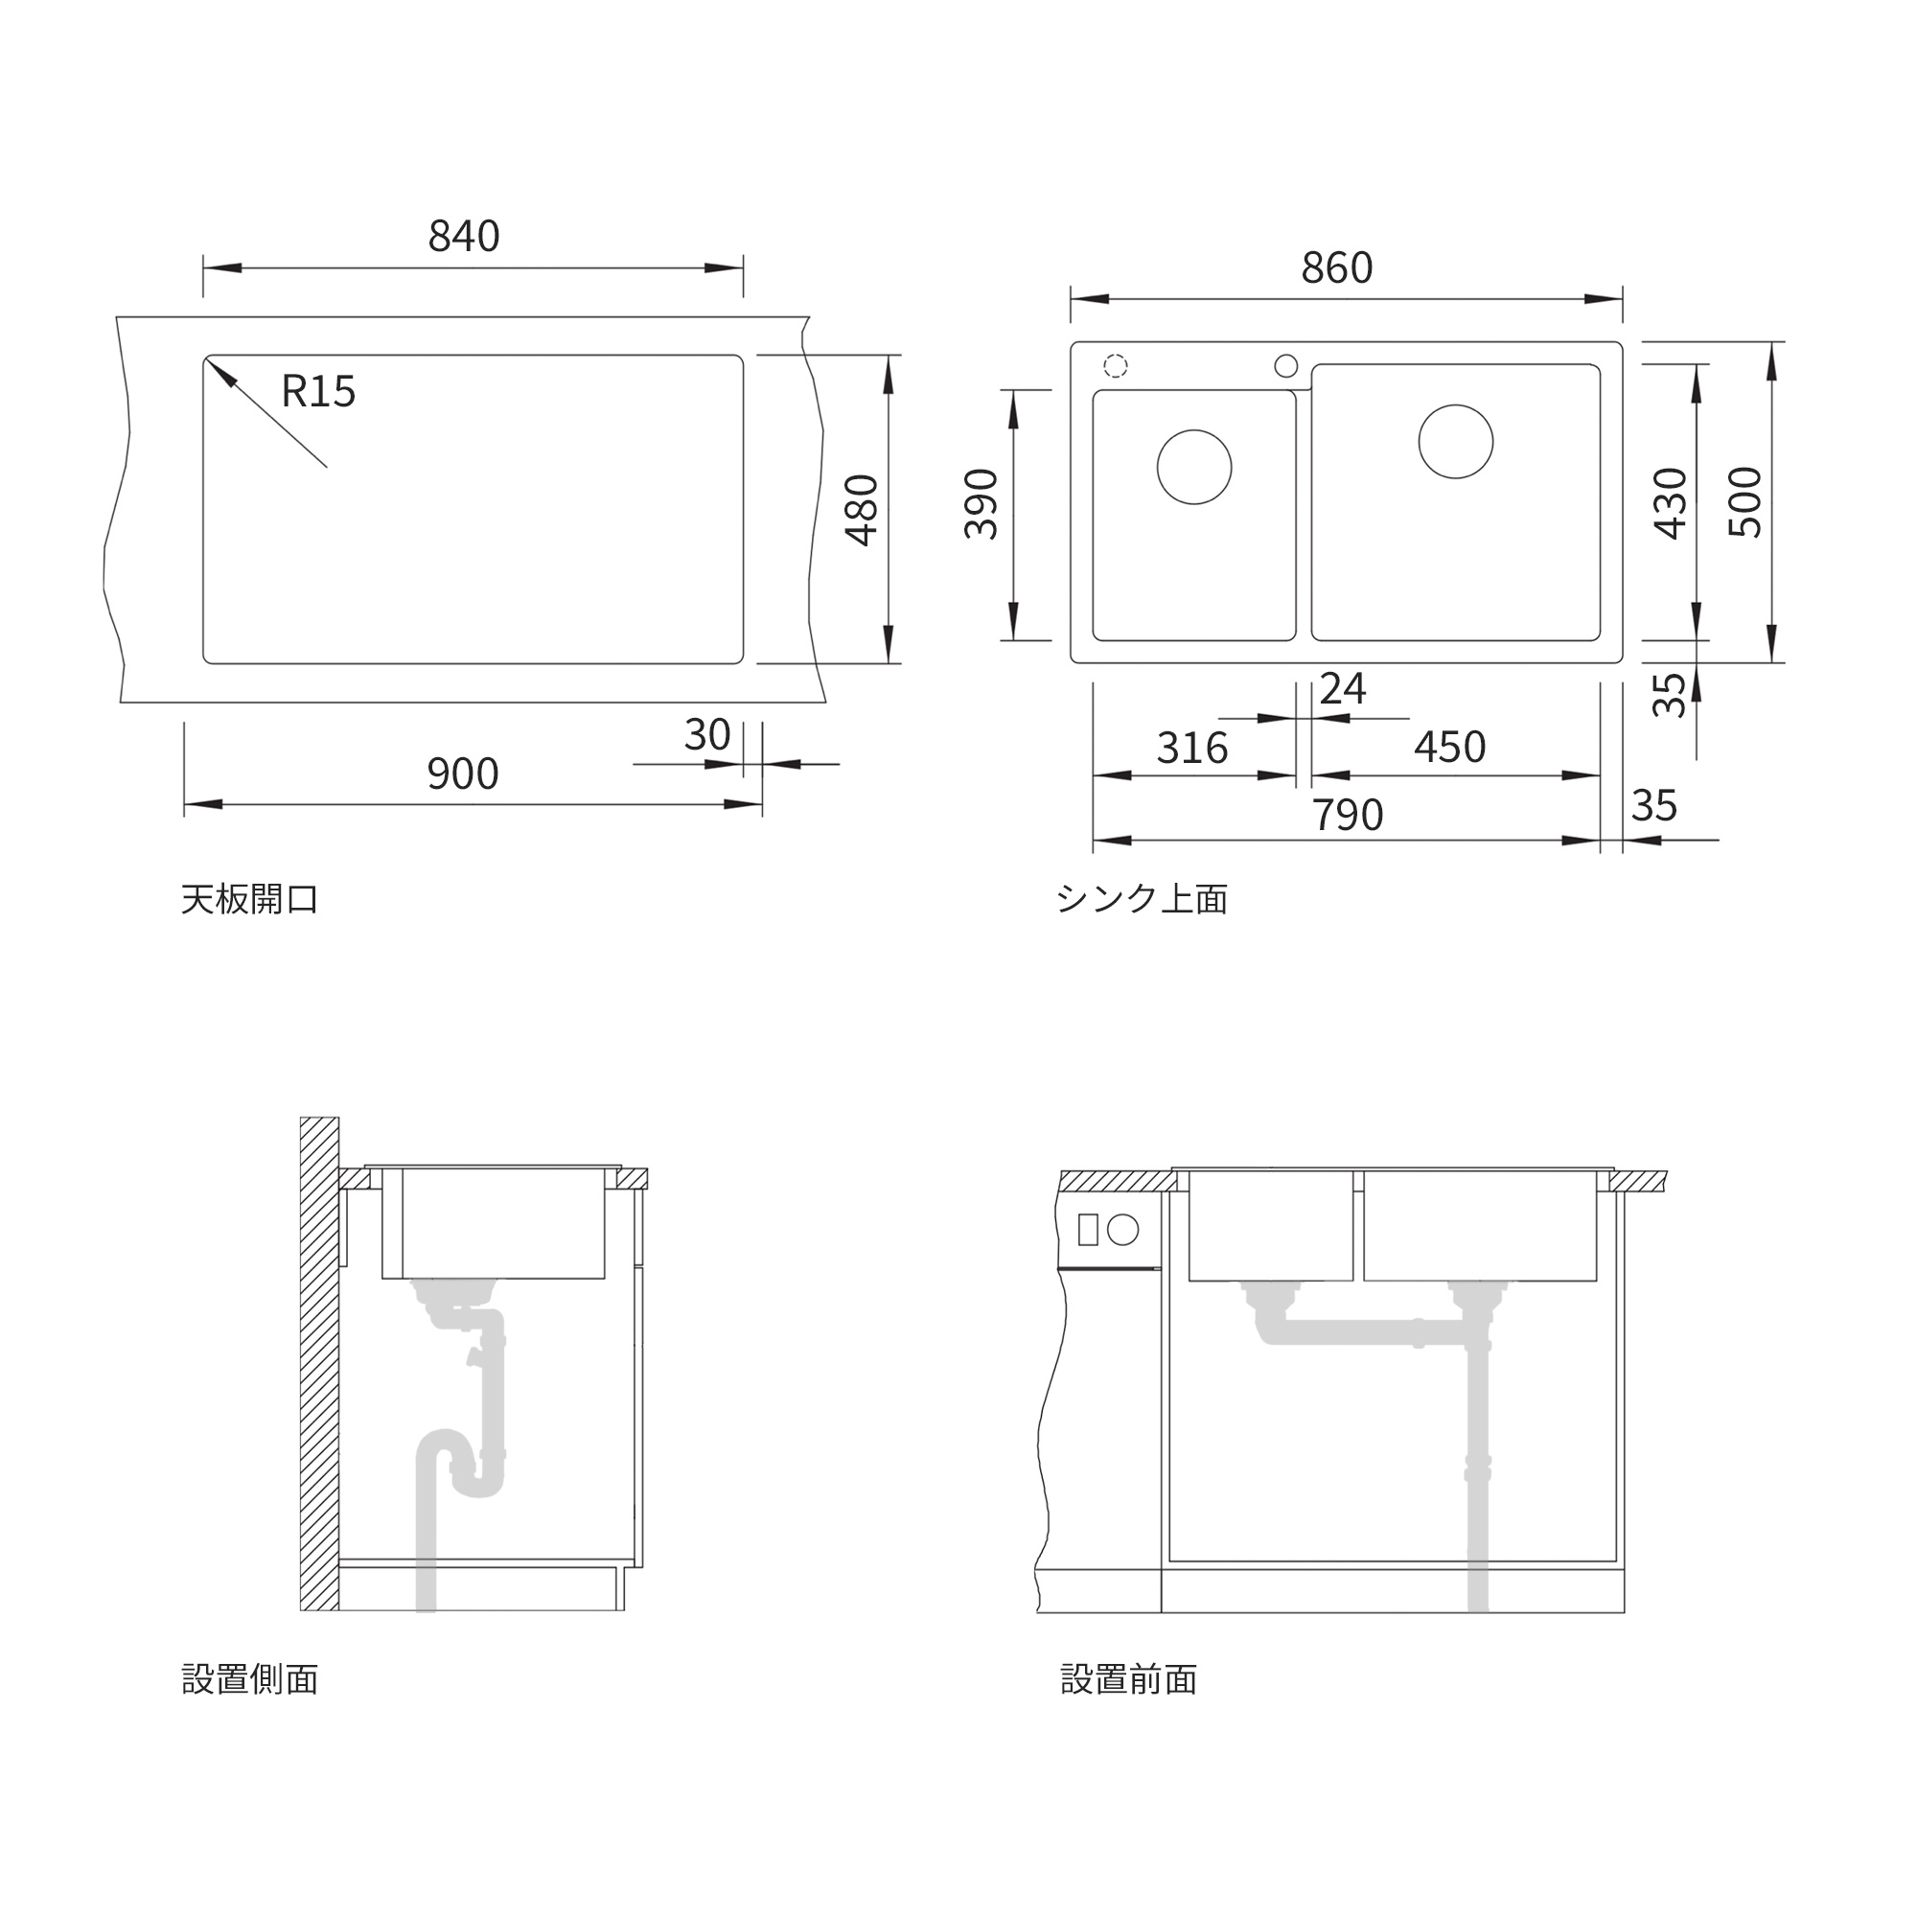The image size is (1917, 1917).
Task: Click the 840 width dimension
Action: (x=463, y=236)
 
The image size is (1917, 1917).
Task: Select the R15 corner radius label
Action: (x=317, y=391)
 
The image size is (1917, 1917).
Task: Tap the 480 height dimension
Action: (x=863, y=510)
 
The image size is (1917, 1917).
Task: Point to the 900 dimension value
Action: (x=462, y=774)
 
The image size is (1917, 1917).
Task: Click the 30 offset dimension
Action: (x=706, y=735)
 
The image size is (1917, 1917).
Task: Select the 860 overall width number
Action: (x=1336, y=268)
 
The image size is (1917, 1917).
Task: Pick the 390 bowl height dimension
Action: (x=982, y=503)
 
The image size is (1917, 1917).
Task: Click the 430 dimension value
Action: (x=1671, y=503)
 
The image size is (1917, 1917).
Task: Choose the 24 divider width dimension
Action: (x=1343, y=688)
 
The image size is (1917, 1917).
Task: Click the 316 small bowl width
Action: (x=1191, y=749)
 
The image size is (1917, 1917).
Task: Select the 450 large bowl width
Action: (x=1449, y=748)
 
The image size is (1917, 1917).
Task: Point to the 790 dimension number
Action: (x=1348, y=815)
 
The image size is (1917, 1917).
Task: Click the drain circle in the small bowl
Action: (x=1193, y=468)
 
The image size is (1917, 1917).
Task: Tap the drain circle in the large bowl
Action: (x=1456, y=442)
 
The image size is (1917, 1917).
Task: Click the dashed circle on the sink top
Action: (x=1116, y=366)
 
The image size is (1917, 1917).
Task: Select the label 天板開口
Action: (x=249, y=899)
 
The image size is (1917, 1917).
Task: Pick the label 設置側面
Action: (x=249, y=1680)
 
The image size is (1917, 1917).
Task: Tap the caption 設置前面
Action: (x=1128, y=1680)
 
